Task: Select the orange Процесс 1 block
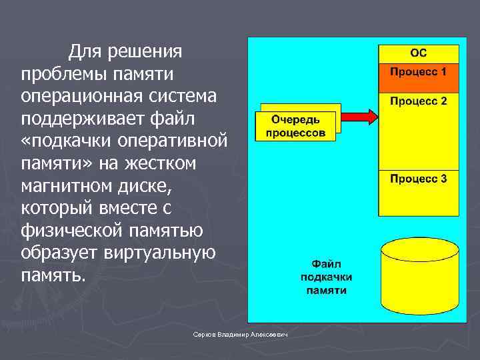[418, 78]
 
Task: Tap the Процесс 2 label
[418, 102]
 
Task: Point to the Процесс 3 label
[418, 179]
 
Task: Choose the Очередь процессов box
[296, 125]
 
